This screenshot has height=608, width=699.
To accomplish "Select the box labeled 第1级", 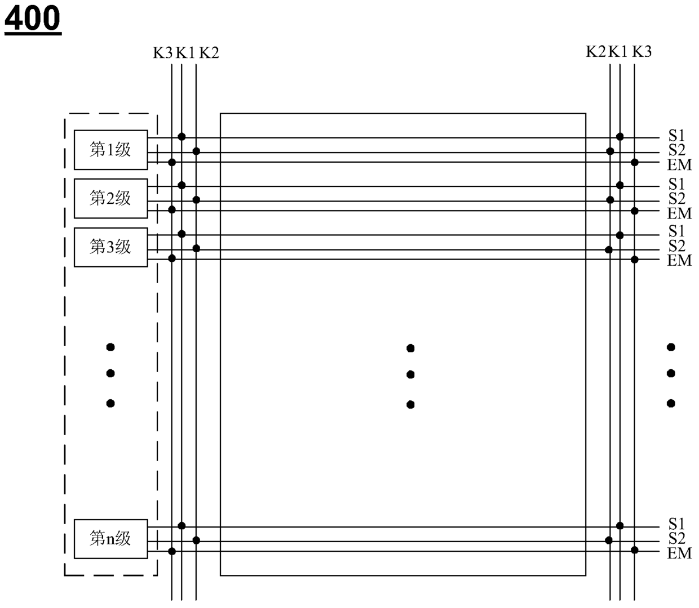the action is coord(110,150).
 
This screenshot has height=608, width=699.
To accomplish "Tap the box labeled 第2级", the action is coord(110,198).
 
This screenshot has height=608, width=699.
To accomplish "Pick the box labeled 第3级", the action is coord(110,247).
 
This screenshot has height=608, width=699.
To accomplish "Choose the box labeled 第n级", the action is coord(110,539).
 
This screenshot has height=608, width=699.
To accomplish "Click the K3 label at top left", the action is coord(162,53).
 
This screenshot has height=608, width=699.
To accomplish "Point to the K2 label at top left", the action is coord(209,53).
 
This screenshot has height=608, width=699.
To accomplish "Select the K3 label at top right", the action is coord(642,52).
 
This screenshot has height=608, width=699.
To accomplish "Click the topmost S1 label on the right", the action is coord(676,136).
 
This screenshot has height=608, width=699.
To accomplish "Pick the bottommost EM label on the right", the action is coord(679,553).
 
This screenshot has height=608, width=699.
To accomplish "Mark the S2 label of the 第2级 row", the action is coord(677,199).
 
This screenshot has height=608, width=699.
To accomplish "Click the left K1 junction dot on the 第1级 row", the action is coord(182,137).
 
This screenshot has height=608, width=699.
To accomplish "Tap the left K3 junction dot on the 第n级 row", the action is coord(172,551).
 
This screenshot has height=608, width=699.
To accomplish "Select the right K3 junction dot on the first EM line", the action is coord(634,162).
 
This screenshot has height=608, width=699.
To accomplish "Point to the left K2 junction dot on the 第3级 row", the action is coord(196,248).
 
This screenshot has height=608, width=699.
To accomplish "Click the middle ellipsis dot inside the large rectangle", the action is coord(410,374).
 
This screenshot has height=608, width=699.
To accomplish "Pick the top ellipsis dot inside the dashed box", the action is coord(110,347).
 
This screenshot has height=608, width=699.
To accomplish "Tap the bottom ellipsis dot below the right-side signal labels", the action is coord(671,403).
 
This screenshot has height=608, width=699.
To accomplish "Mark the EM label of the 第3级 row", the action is coord(679,260).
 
